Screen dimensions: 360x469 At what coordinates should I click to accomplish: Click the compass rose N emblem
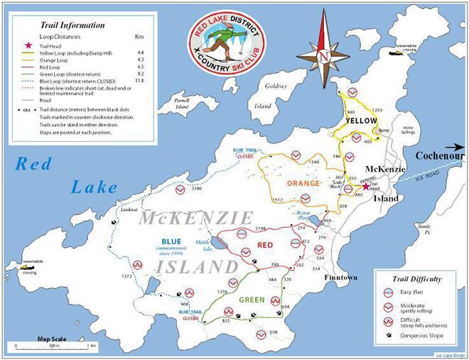(x=324, y=54)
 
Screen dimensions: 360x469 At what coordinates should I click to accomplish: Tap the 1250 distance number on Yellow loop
(x=377, y=111)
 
